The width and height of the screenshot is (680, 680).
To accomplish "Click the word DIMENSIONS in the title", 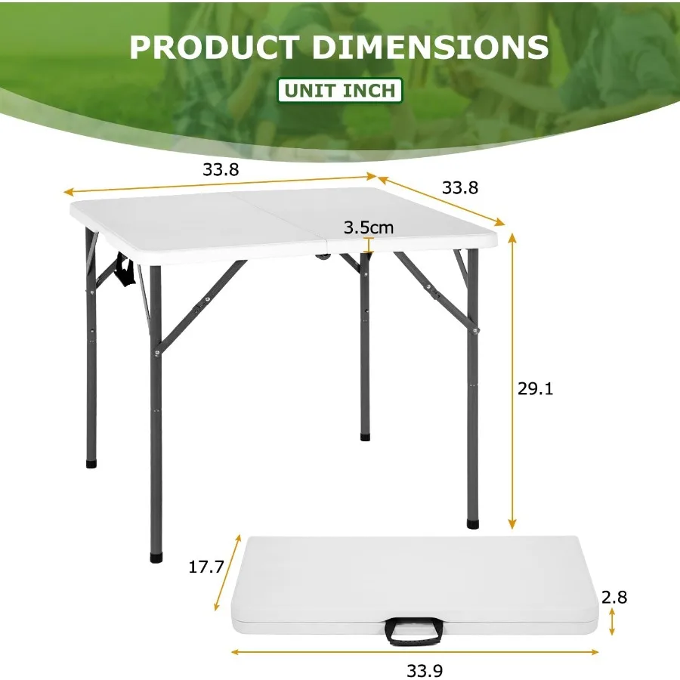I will (x=431, y=47).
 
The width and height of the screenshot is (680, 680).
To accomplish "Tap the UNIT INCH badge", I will (x=340, y=91).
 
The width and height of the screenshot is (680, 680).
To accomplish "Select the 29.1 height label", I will (x=536, y=388).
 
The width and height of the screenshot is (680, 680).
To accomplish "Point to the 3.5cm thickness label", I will (x=368, y=227).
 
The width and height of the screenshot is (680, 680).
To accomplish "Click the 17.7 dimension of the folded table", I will (x=206, y=567).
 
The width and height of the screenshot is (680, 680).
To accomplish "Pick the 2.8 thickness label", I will (x=615, y=597).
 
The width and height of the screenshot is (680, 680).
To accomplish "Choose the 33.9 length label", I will (x=426, y=669).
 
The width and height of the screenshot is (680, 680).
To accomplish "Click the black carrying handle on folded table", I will (x=414, y=632).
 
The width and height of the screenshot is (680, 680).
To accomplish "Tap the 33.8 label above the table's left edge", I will (x=221, y=170).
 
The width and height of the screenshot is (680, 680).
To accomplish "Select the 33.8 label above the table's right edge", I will (x=460, y=187).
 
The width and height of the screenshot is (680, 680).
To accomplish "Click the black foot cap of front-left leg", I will (x=156, y=557).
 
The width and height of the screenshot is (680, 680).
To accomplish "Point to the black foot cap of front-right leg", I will (x=473, y=521).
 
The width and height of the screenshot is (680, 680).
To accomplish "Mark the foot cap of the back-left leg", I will (x=91, y=462).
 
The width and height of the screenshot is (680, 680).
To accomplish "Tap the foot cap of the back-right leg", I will (x=366, y=436).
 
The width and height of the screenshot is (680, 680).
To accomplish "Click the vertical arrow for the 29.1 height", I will (x=512, y=382).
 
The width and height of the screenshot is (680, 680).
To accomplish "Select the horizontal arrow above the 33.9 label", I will (x=415, y=651).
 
